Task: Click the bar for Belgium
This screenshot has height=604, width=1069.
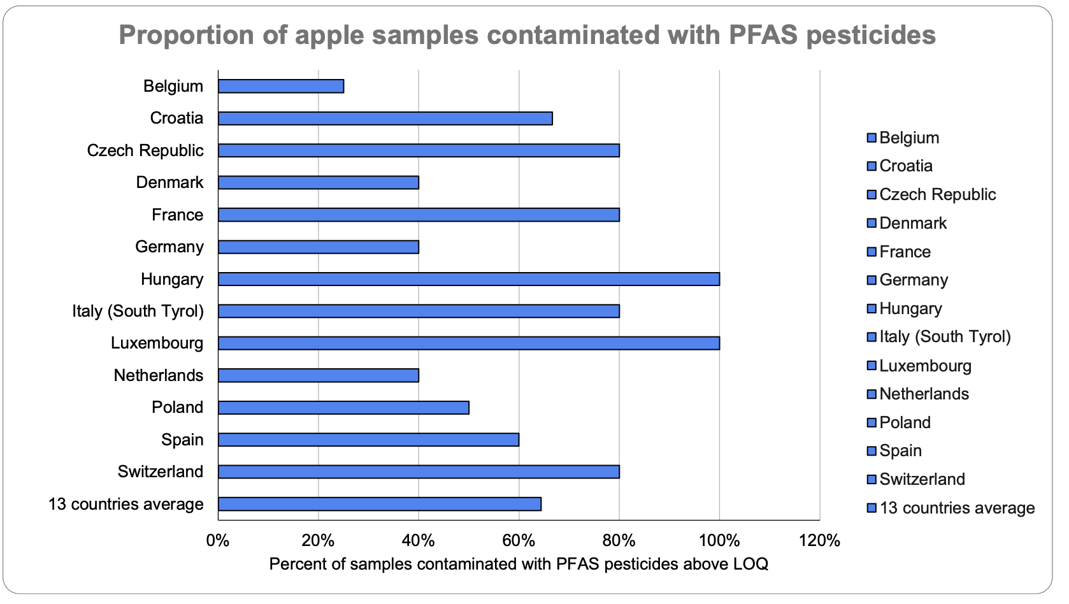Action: (281, 86)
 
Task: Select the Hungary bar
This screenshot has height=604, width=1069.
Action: (468, 279)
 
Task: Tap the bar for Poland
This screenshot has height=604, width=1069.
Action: (343, 408)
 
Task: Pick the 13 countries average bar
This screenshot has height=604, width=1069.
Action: (380, 504)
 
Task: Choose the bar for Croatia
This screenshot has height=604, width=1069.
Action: (385, 119)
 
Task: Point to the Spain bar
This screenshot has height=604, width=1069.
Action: (368, 440)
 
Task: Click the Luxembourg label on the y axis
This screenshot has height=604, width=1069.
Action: (157, 343)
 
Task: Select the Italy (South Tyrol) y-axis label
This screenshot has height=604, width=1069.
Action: (138, 311)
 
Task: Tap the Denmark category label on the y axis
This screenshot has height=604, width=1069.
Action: (169, 183)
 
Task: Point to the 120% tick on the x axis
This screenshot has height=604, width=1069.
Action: (819, 541)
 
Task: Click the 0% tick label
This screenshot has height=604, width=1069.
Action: (218, 541)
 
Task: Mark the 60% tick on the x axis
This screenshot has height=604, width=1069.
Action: (519, 541)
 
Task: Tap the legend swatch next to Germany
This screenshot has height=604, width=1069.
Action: (872, 280)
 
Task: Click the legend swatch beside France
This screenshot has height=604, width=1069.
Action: (872, 252)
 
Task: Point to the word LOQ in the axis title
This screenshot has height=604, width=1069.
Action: (752, 564)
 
